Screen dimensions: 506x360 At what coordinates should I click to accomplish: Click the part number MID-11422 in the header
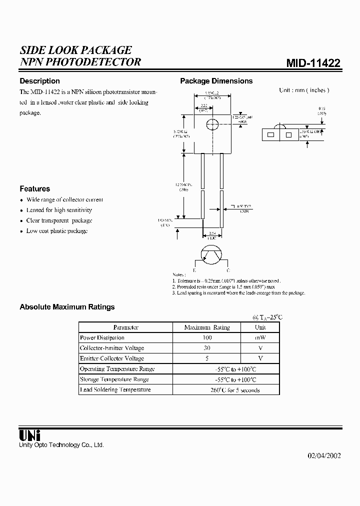(313, 63)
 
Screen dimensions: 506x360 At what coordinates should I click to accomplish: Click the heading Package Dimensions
(216, 81)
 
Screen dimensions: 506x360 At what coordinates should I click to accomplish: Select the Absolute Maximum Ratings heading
(67, 307)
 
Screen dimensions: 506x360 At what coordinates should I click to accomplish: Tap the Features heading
(34, 189)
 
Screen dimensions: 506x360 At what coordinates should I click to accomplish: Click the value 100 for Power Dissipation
(206, 337)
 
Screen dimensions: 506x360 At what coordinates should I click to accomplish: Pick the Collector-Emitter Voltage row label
(112, 348)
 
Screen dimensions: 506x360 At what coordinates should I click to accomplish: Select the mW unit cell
(260, 337)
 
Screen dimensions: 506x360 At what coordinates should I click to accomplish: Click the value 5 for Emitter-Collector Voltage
(206, 358)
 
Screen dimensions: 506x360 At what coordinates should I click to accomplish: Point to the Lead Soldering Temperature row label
(115, 389)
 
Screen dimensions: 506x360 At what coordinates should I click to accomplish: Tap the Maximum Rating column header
(207, 327)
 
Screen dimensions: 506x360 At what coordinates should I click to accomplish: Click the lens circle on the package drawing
(212, 125)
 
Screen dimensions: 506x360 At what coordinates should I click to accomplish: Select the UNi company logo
(29, 435)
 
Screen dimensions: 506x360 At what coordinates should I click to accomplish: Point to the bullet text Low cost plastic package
(57, 231)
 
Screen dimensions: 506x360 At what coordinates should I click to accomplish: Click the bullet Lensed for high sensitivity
(59, 210)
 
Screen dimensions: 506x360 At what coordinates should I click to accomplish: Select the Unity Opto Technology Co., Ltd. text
(61, 445)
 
